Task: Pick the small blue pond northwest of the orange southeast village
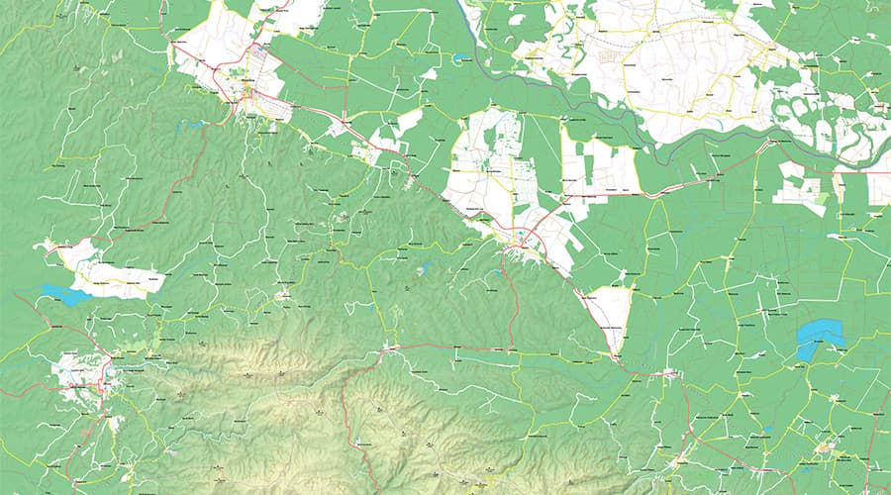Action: (x=768, y=430)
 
